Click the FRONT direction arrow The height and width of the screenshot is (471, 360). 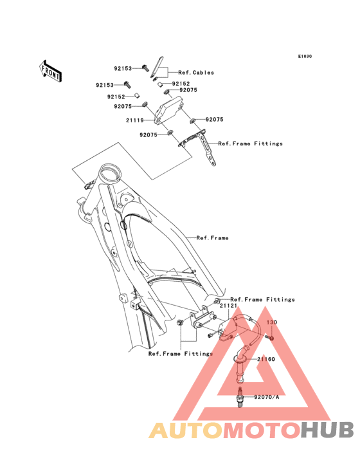click(50, 71)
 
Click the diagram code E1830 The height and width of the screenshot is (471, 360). click(305, 56)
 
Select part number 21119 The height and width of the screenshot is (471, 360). click(135, 120)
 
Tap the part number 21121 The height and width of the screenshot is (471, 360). click(229, 306)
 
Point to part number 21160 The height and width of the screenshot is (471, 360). click(265, 359)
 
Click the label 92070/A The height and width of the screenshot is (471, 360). click(266, 397)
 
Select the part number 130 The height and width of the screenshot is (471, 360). click(272, 322)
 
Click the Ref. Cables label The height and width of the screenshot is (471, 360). click(196, 73)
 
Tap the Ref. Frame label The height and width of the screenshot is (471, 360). click(212, 238)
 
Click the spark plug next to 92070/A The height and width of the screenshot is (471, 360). click(240, 397)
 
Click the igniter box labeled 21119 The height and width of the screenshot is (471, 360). click(168, 110)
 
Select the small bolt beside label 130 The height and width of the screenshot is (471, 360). click(269, 338)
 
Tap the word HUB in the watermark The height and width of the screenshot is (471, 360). click(328, 430)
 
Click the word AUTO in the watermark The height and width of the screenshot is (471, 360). click(186, 430)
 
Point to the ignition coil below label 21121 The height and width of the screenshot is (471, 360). click(233, 328)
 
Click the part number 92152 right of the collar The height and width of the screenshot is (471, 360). click(181, 84)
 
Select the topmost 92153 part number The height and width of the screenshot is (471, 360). click(123, 68)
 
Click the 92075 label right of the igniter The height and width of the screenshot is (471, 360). click(215, 120)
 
